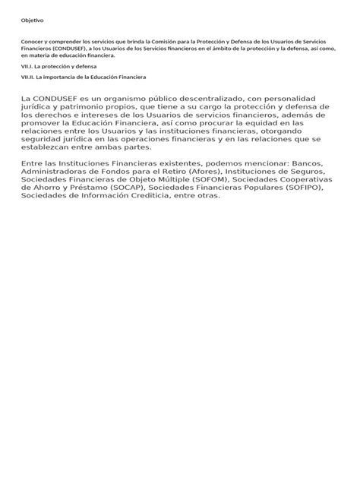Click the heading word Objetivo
coord(33,21)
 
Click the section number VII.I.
coord(28,67)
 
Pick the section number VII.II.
coord(29,77)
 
